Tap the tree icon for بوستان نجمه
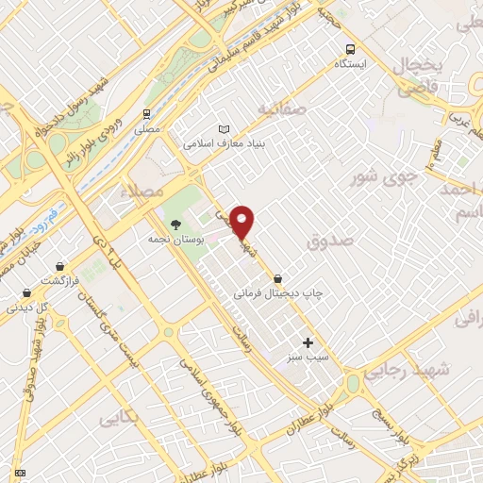click(175, 225)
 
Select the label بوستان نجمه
click(171, 241)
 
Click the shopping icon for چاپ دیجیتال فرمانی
click(277, 279)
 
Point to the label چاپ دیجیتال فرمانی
click(278, 293)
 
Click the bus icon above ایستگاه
click(350, 49)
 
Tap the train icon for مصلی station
click(145, 110)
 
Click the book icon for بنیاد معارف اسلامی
click(224, 128)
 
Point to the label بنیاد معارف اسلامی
click(225, 143)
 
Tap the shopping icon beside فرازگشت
click(61, 267)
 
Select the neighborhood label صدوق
click(327, 242)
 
